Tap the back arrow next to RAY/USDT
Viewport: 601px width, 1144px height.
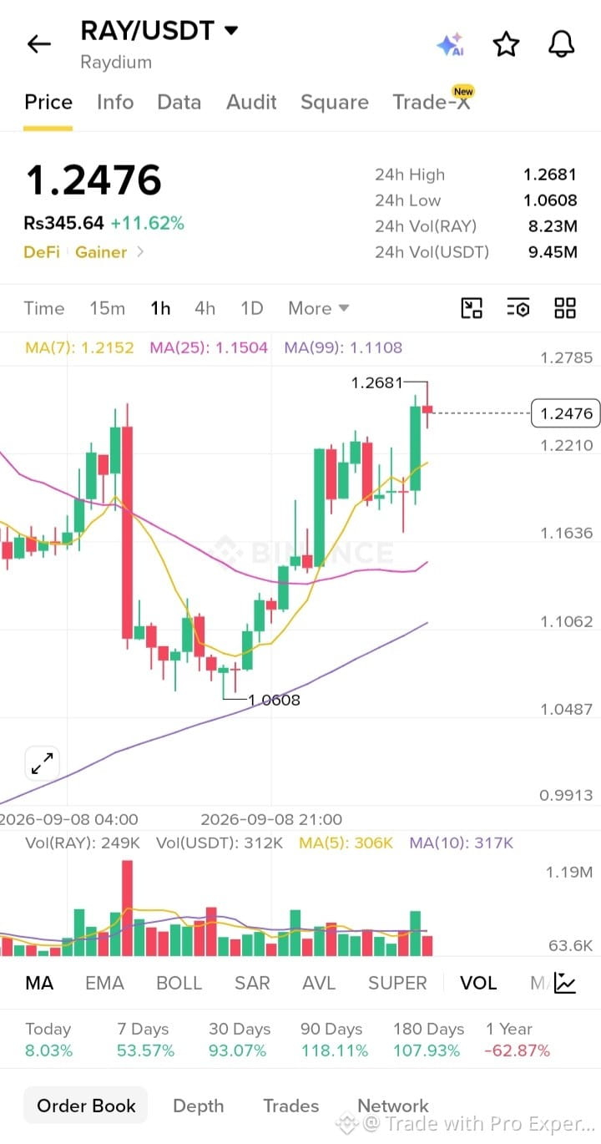pos(38,44)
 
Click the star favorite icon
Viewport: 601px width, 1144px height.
pos(506,44)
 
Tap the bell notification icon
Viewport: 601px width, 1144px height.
pos(561,44)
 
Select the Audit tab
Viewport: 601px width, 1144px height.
pos(251,102)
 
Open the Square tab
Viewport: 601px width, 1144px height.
pos(335,103)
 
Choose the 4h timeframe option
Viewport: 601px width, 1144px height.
pos(205,308)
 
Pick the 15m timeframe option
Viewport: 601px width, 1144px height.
pos(107,308)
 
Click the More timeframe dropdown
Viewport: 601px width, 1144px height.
pos(319,308)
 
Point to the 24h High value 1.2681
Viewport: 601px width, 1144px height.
pos(550,175)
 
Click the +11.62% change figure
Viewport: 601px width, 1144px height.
pos(148,223)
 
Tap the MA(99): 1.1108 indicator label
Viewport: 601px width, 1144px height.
pos(343,348)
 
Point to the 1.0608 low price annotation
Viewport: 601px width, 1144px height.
pos(274,700)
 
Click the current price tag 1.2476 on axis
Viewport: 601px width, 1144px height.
pos(566,413)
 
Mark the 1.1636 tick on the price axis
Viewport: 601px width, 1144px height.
pos(567,534)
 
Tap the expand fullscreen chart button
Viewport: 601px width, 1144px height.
pos(43,763)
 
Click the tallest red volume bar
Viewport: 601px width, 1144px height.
pos(127,908)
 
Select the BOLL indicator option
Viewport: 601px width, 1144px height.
pos(179,983)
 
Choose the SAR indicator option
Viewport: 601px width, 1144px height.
pos(252,983)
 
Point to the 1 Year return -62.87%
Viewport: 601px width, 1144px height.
pos(517,1050)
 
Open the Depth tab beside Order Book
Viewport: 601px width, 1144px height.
pos(199,1106)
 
